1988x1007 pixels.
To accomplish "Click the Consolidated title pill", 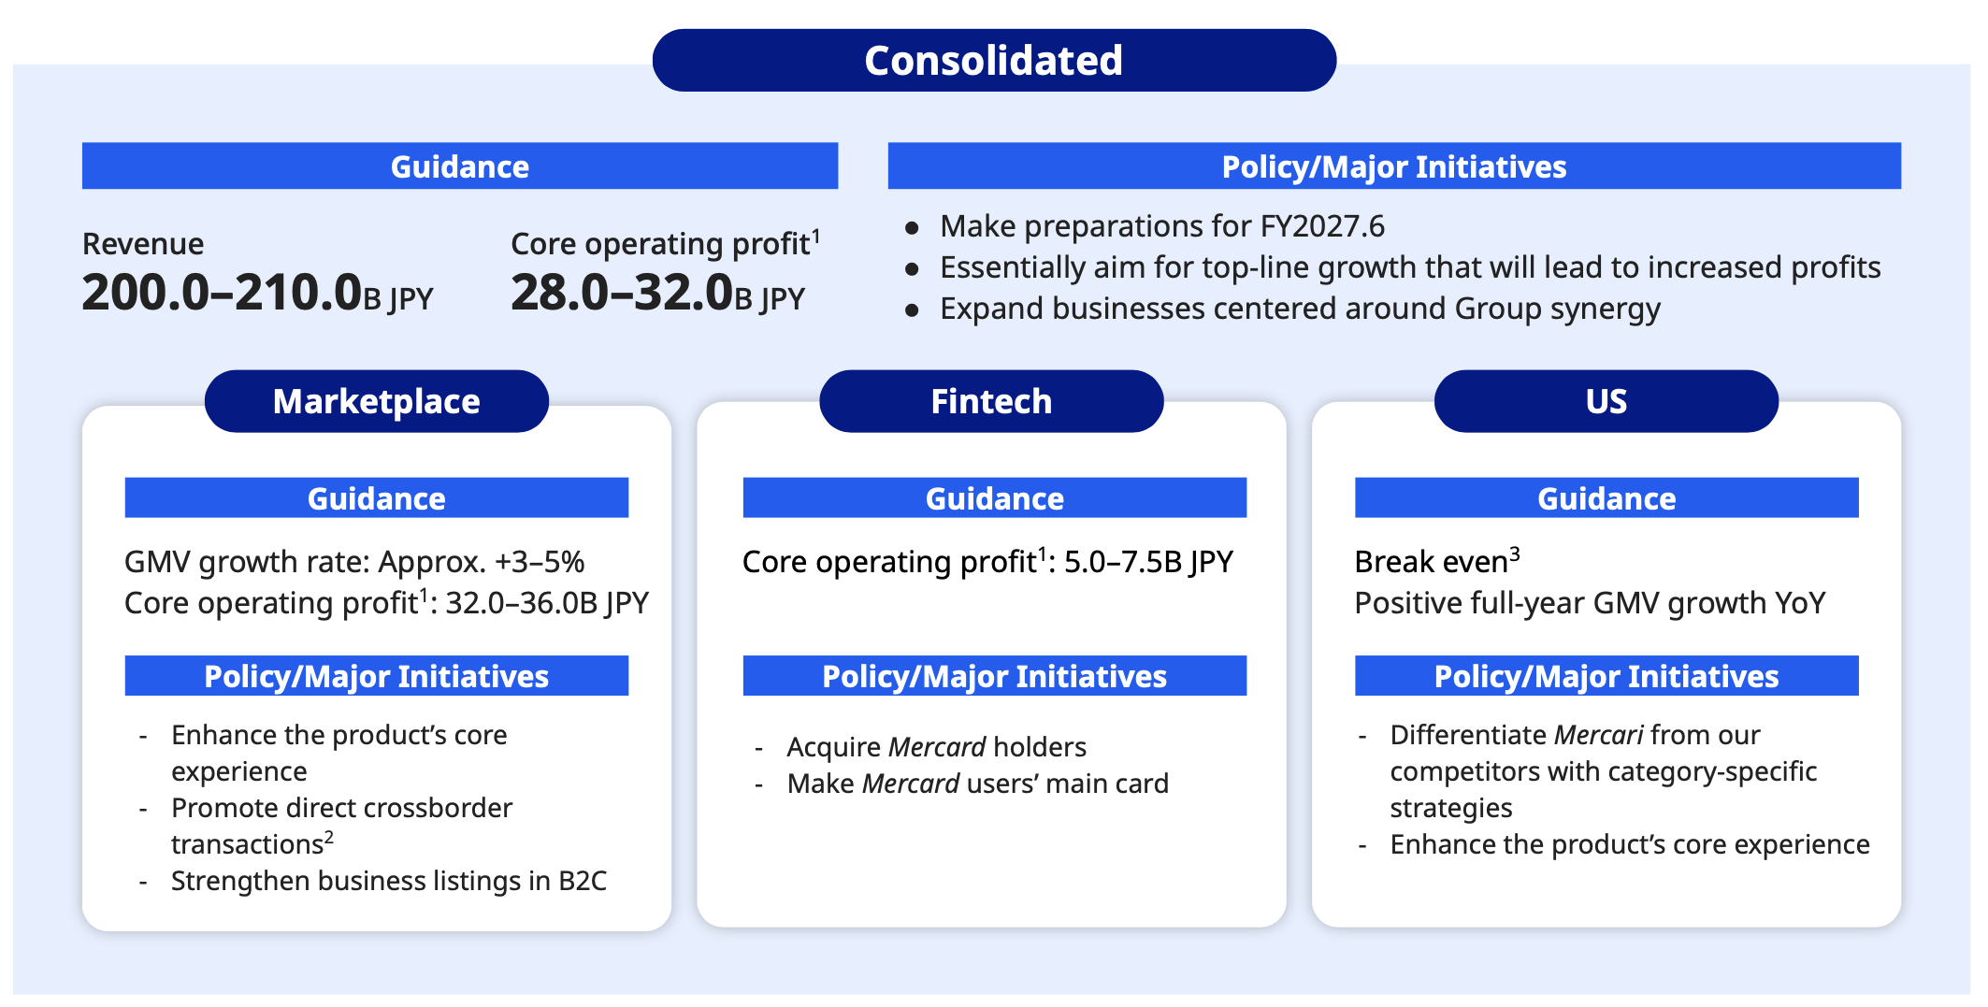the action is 994,60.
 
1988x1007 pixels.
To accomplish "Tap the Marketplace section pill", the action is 377,401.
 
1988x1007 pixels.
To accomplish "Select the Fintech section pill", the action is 991,401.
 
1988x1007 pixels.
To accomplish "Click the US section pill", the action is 1606,401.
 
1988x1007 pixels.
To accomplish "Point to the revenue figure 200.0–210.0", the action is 222,292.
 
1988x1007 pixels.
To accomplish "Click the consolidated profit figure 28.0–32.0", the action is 622,292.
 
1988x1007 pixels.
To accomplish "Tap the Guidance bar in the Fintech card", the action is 995,497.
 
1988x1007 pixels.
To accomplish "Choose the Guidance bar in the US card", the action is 1606,497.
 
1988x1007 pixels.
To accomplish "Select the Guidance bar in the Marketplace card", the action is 377,497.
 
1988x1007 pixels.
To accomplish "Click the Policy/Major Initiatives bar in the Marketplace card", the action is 377,675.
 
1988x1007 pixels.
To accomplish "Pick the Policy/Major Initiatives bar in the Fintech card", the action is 995,675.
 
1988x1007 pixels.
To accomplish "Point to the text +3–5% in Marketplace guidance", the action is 540,562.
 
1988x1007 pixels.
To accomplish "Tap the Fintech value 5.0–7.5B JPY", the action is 1148,562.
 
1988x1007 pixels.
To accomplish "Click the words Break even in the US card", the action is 1432,562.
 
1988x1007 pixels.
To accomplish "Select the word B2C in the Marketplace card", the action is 583,881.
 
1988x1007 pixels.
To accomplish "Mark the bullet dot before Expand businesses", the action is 913,310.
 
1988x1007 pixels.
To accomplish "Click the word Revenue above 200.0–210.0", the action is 143,244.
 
